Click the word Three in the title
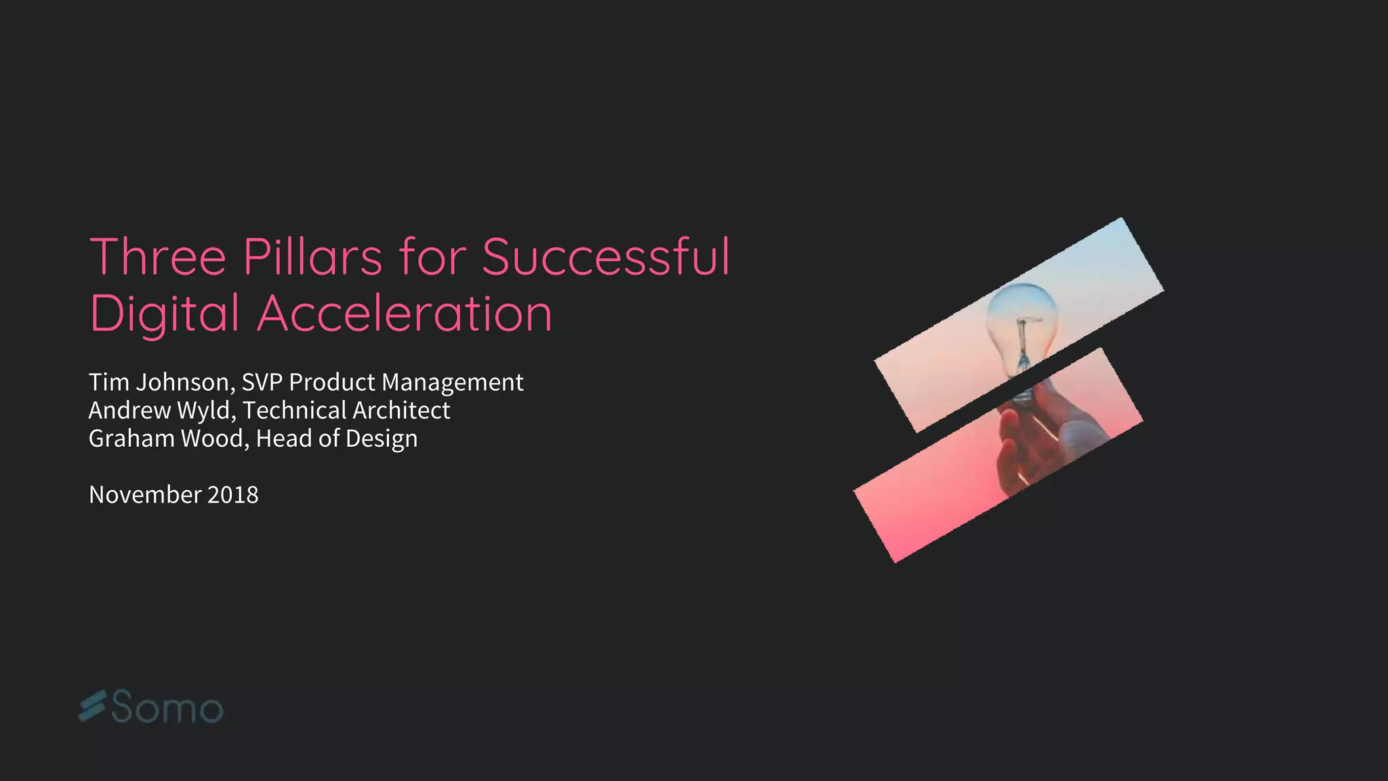pyautogui.click(x=157, y=258)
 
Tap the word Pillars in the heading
pyautogui.click(x=312, y=258)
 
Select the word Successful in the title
pyautogui.click(x=606, y=258)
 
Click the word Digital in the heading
pyautogui.click(x=164, y=315)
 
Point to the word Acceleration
pyautogui.click(x=405, y=315)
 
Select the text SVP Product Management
pyautogui.click(x=382, y=382)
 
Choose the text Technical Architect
pyautogui.click(x=346, y=411)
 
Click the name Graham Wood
pyautogui.click(x=165, y=439)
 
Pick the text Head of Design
pyautogui.click(x=337, y=439)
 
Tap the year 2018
pyautogui.click(x=233, y=495)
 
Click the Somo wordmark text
pyautogui.click(x=167, y=708)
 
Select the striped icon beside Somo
pyautogui.click(x=93, y=706)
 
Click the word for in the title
pyautogui.click(x=432, y=258)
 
